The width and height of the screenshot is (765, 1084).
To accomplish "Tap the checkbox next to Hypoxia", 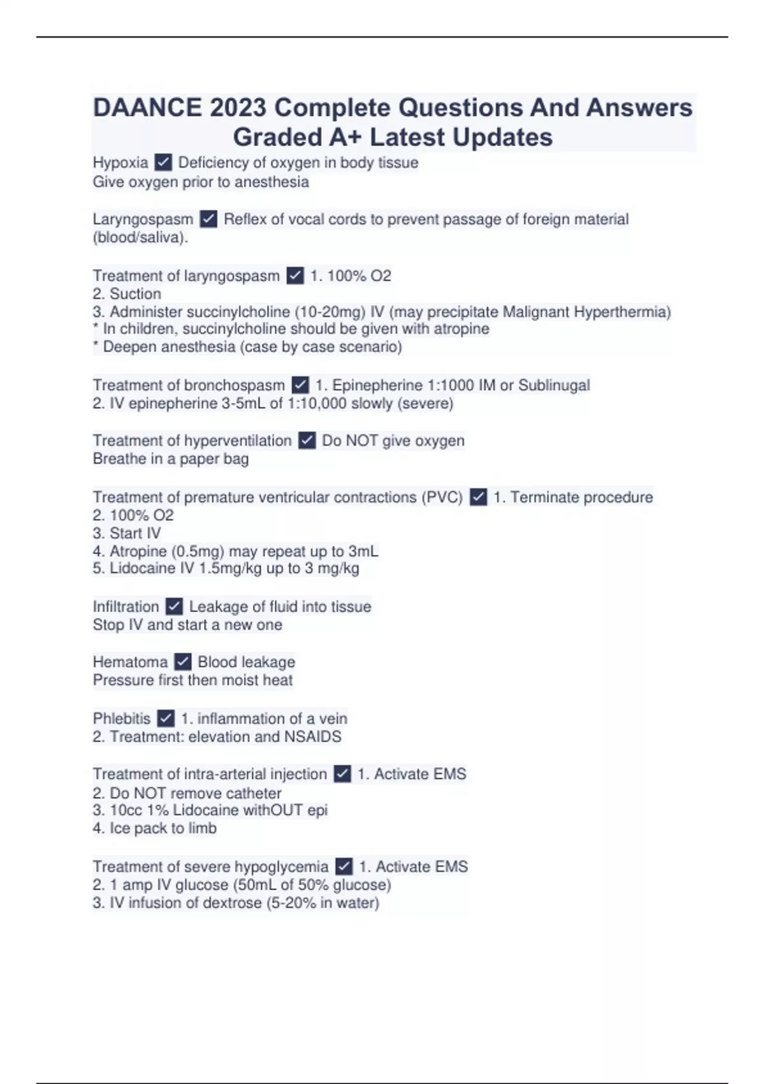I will [x=163, y=163].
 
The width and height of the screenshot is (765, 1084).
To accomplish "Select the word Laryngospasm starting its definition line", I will [x=143, y=219].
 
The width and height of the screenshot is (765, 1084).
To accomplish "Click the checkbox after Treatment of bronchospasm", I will [x=300, y=385].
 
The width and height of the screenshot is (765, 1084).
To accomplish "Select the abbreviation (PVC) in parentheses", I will [x=442, y=497].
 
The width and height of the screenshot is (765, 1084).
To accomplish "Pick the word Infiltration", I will [x=126, y=606].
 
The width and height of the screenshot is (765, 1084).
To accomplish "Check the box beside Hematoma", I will [x=183, y=662].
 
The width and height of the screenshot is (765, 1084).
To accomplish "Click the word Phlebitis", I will [x=122, y=719].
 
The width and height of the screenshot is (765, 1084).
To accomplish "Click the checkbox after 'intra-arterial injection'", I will [x=342, y=774].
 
